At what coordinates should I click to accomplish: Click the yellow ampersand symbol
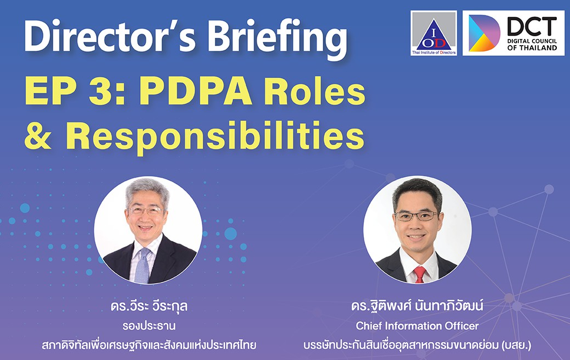pos(38,136)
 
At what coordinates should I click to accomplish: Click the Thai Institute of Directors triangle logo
pos(434,33)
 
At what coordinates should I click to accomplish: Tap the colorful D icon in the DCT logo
pos(484,33)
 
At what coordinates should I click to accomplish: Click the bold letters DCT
pos(532,26)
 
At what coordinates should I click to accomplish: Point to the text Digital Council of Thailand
pos(532,45)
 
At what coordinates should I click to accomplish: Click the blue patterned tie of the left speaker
pos(142,266)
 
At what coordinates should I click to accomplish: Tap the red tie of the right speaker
pos(419,275)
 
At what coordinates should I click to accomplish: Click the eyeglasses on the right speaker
pos(417,216)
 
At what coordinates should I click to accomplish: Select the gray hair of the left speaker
pos(147,191)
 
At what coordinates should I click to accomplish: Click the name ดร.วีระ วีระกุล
pos(149,306)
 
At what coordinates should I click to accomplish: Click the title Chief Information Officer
pos(417,326)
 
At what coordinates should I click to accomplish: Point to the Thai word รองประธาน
pos(149,326)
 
